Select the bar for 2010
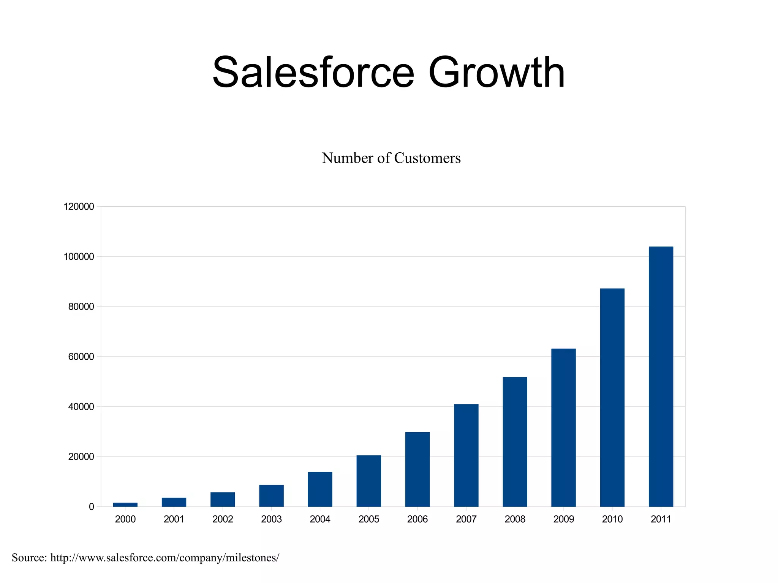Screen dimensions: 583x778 tap(612, 397)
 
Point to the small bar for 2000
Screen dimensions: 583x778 tap(125, 504)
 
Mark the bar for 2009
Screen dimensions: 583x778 tap(563, 427)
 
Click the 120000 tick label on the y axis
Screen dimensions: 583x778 tap(79, 207)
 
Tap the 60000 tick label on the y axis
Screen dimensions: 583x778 tap(81, 357)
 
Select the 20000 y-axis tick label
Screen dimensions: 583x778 tap(81, 457)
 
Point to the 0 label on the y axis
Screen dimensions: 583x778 tap(91, 507)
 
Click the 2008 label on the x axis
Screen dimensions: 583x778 tap(515, 519)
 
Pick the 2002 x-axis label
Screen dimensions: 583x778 tap(223, 519)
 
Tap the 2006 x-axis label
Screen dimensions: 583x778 tap(417, 519)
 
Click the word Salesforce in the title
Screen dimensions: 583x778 tap(313, 72)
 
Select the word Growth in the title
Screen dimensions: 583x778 tap(497, 72)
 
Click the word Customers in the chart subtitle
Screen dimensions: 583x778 tap(427, 158)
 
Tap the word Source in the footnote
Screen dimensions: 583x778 tap(29, 558)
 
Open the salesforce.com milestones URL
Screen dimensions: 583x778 tap(164, 558)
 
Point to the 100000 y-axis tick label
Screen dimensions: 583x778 tap(79, 257)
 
